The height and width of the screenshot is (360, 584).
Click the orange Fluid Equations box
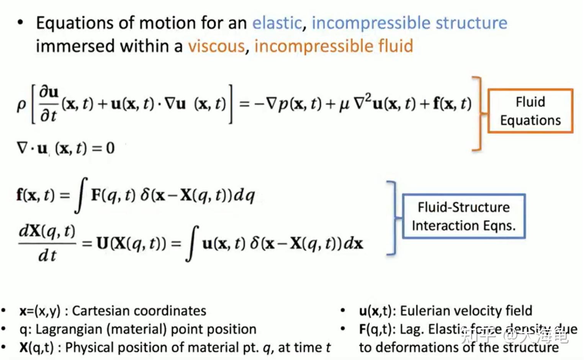coord(530,111)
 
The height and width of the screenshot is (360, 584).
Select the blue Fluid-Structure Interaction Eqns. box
coord(463,216)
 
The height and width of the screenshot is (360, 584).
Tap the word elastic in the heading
coord(277,23)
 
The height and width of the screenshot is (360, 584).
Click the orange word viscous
coord(216,46)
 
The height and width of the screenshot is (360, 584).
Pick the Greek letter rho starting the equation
coord(21,105)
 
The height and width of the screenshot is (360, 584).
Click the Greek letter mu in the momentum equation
coord(344,104)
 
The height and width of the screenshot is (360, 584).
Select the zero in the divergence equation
coord(110,148)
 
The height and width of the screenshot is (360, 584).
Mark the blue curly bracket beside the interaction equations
coord(392,218)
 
